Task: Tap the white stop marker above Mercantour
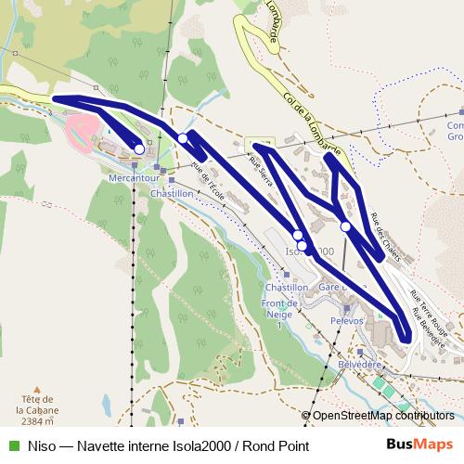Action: (139, 148)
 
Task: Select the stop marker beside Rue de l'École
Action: (184, 138)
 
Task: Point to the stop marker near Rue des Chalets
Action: (345, 226)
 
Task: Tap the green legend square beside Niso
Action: (11, 445)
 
